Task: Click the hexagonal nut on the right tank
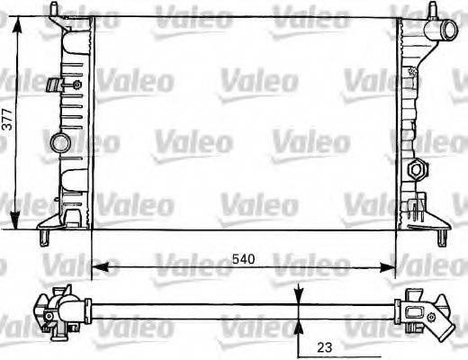coord(416,169)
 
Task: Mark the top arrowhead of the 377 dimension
coord(16,17)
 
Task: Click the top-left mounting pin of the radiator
coord(54,11)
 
